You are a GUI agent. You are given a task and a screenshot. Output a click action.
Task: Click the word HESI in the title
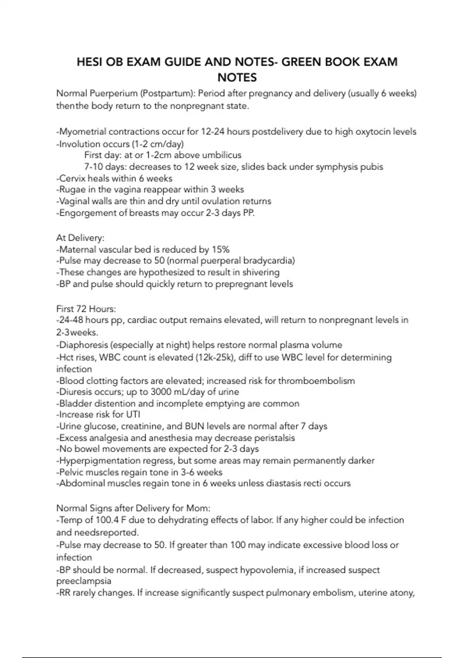[89, 62]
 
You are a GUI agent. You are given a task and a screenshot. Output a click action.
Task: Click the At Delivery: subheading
[80, 238]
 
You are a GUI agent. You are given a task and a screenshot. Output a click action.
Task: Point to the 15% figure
[220, 250]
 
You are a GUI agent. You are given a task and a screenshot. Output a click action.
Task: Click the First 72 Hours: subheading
[86, 309]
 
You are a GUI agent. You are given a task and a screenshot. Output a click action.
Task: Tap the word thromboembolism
[316, 381]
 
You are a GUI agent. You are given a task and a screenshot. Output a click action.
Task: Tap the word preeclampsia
[84, 581]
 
